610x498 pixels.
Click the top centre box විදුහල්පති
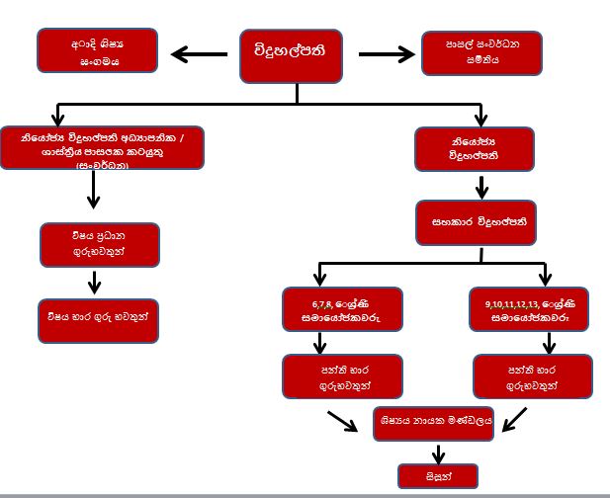pyautogui.click(x=297, y=55)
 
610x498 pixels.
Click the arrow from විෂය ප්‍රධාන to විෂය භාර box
pyautogui.click(x=95, y=283)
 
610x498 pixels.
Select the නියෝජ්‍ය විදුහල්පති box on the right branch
pyautogui.click(x=479, y=148)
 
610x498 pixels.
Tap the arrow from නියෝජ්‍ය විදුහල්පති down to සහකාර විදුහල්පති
pyautogui.click(x=479, y=187)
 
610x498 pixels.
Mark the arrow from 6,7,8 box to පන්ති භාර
pyautogui.click(x=319, y=342)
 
